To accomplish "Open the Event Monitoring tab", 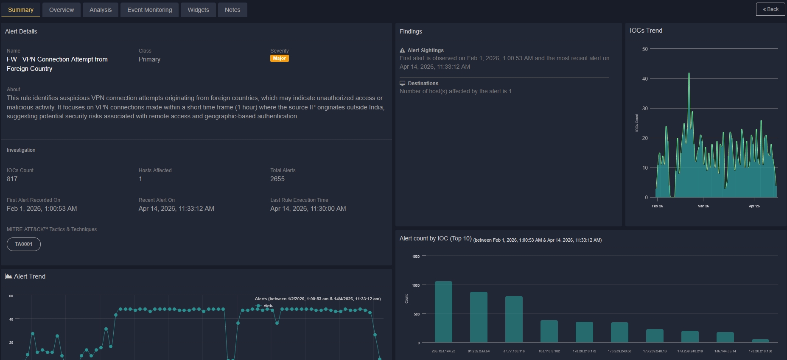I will pos(149,10).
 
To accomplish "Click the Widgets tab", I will pos(198,10).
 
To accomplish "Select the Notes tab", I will pos(232,10).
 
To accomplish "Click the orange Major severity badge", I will pos(279,59).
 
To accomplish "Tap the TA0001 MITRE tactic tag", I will pos(24,244).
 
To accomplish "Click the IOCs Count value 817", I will pos(12,179).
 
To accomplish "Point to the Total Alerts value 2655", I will pos(277,179).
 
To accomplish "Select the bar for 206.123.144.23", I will pos(443,312).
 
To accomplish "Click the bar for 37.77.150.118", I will pos(514,319).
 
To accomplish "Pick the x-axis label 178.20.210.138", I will pos(760,351).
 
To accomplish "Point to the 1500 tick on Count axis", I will pos(416,257).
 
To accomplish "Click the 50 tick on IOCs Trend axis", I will pos(645,49).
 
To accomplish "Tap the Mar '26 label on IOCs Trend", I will pos(703,206).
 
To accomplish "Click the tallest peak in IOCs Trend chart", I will pos(689,74).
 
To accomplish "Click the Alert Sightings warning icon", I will pos(402,50).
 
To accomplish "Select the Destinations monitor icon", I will pos(402,84).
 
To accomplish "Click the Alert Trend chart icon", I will pos(8,276).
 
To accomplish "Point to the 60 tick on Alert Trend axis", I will pos(11,296).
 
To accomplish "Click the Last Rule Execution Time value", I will pos(308,209).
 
